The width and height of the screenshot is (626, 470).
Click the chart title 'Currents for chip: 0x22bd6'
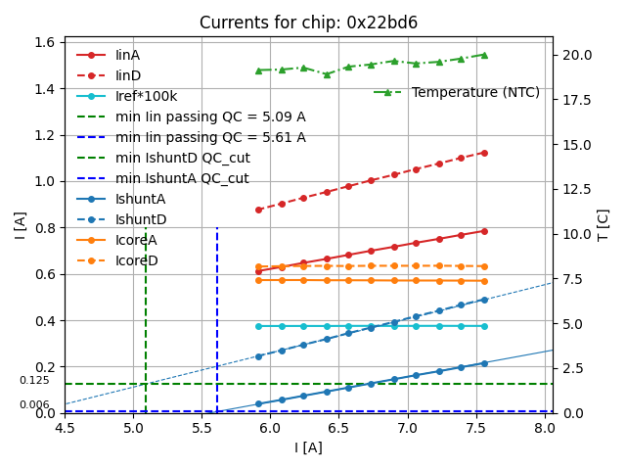tap(308, 23)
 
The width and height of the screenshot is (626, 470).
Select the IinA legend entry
tap(127, 55)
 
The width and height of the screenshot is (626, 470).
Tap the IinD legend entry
tap(127, 75)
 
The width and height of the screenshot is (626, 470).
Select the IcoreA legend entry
tap(136, 240)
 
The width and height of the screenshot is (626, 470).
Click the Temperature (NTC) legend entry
tap(475, 92)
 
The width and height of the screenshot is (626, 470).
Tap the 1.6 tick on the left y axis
tap(47, 42)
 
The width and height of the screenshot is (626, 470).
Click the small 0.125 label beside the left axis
tap(34, 381)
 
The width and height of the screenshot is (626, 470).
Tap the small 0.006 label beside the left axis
tap(34, 405)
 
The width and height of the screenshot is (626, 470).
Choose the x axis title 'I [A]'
tap(308, 447)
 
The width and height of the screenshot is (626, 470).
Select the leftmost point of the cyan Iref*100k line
tap(258, 326)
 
